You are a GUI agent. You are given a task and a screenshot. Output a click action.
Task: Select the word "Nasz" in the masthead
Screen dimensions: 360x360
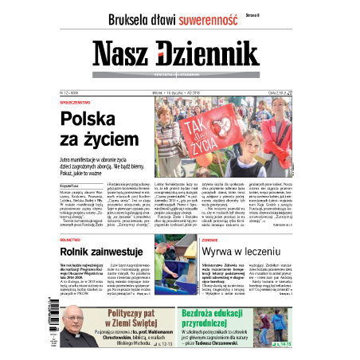click(x=120, y=54)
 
